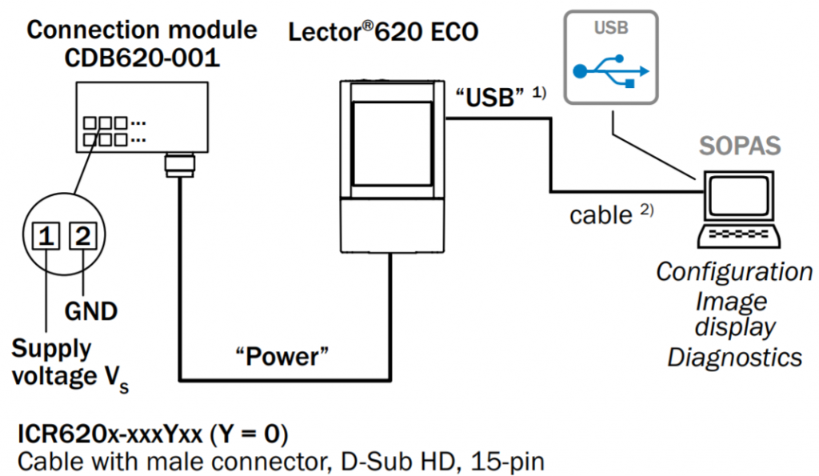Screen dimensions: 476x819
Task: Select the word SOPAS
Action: pyautogui.click(x=740, y=147)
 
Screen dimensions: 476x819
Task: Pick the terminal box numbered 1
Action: pyautogui.click(x=47, y=236)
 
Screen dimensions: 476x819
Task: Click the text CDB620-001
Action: pyautogui.click(x=143, y=60)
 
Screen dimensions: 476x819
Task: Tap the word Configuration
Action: pyautogui.click(x=734, y=272)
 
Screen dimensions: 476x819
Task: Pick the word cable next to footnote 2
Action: pyautogui.click(x=600, y=214)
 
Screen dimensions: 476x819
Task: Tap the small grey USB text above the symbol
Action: pyautogui.click(x=611, y=28)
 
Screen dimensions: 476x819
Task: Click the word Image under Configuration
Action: pyautogui.click(x=730, y=301)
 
